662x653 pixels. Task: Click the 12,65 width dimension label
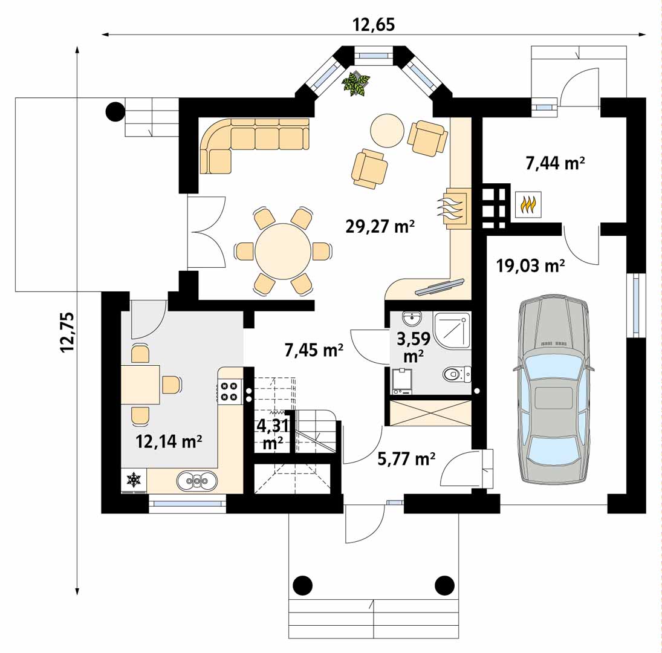pos(374,24)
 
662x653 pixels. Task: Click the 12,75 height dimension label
pos(67,332)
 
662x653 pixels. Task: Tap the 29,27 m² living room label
pos(380,227)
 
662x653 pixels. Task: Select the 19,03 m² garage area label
pos(530,266)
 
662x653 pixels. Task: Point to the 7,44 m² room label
pos(555,163)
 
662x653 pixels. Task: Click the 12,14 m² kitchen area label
pos(169,441)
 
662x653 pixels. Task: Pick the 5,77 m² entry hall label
pos(406,459)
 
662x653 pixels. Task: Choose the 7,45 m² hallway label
pos(314,350)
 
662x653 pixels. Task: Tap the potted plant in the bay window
pos(356,83)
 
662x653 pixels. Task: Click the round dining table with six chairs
pos(283,251)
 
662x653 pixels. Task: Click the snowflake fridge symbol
pos(134,480)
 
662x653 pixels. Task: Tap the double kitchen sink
pos(197,481)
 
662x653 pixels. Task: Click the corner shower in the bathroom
pos(452,331)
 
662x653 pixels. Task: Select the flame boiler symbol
pos(528,205)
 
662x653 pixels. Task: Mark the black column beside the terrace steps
pos(115,111)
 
